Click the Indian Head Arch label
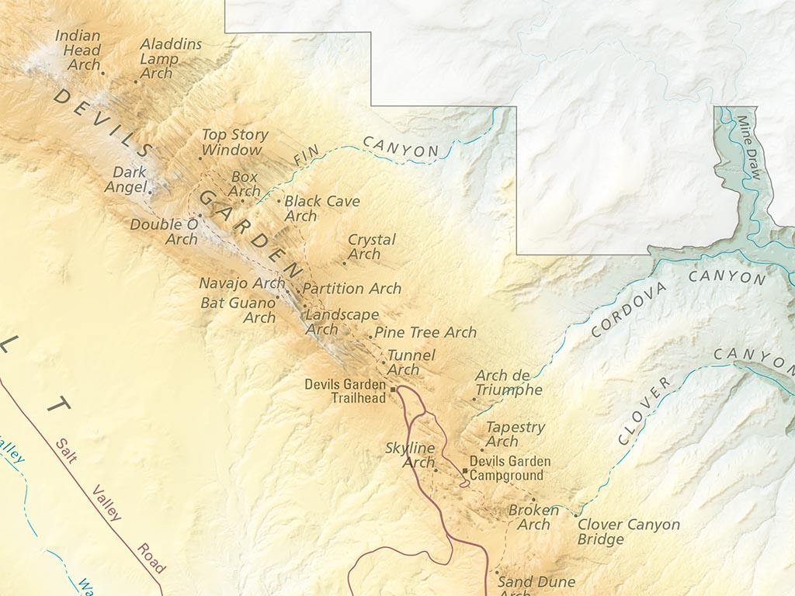click(x=78, y=50)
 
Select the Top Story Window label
click(x=234, y=141)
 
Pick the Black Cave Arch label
click(x=321, y=208)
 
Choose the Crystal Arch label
click(x=371, y=246)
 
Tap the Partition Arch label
click(x=352, y=289)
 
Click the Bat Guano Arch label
click(x=238, y=310)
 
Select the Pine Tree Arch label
click(x=425, y=332)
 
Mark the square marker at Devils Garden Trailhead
click(x=393, y=389)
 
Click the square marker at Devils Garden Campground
click(x=465, y=470)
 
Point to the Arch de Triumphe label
click(x=509, y=383)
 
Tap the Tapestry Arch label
click(x=515, y=434)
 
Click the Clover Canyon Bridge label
click(x=628, y=532)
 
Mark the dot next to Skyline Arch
click(x=436, y=470)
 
